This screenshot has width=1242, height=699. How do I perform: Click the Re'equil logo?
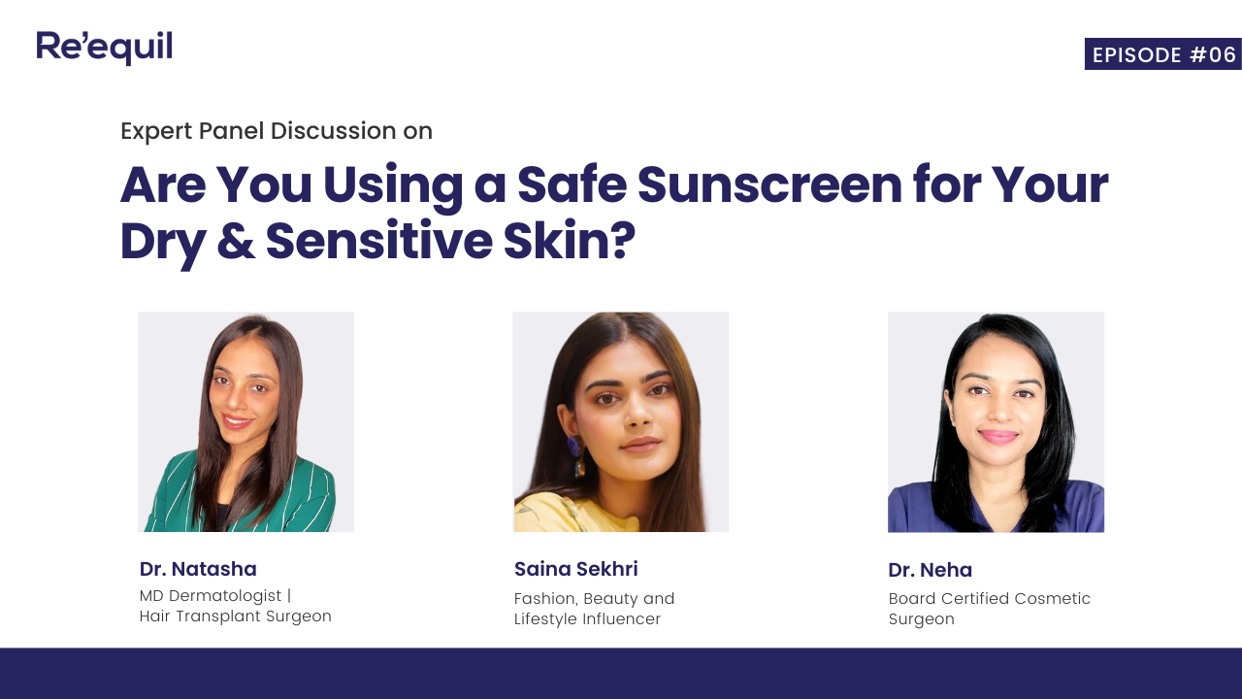104,48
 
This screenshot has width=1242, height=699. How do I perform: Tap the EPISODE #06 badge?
1163,54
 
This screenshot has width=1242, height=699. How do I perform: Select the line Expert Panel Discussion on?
277,131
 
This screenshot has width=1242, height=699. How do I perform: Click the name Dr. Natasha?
198,569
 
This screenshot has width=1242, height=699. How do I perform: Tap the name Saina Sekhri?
576,569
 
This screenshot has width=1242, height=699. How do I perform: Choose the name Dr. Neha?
930,570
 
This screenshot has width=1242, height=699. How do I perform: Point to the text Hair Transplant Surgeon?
236,616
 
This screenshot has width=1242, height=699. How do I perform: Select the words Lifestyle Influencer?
587,619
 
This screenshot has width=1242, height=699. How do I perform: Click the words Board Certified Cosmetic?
990,598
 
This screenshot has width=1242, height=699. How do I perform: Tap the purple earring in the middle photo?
572,449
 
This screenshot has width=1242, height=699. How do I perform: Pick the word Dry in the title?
160,242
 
